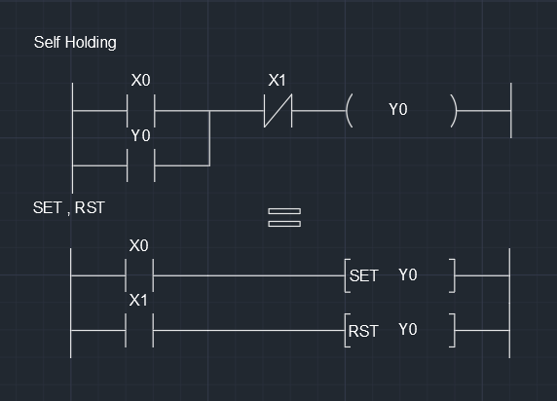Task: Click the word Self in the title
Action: (x=47, y=42)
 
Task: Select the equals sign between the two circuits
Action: (x=284, y=217)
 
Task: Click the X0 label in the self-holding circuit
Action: (x=140, y=80)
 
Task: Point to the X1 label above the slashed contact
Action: (x=278, y=80)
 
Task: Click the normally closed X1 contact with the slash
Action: (x=278, y=111)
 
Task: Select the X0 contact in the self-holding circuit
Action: (x=141, y=111)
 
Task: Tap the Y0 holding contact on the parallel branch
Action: (x=141, y=165)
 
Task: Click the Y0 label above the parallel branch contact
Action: (x=141, y=136)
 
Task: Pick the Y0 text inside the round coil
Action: (x=398, y=110)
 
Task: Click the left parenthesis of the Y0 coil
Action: (x=349, y=111)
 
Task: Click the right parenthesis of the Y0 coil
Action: (x=453, y=111)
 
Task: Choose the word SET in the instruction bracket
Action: (x=363, y=276)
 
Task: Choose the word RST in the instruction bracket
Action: (x=363, y=331)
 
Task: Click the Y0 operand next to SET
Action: (x=407, y=275)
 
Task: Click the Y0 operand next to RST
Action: (x=407, y=330)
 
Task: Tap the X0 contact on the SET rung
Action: (x=140, y=276)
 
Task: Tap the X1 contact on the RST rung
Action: (x=140, y=331)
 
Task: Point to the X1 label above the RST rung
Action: (x=139, y=301)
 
